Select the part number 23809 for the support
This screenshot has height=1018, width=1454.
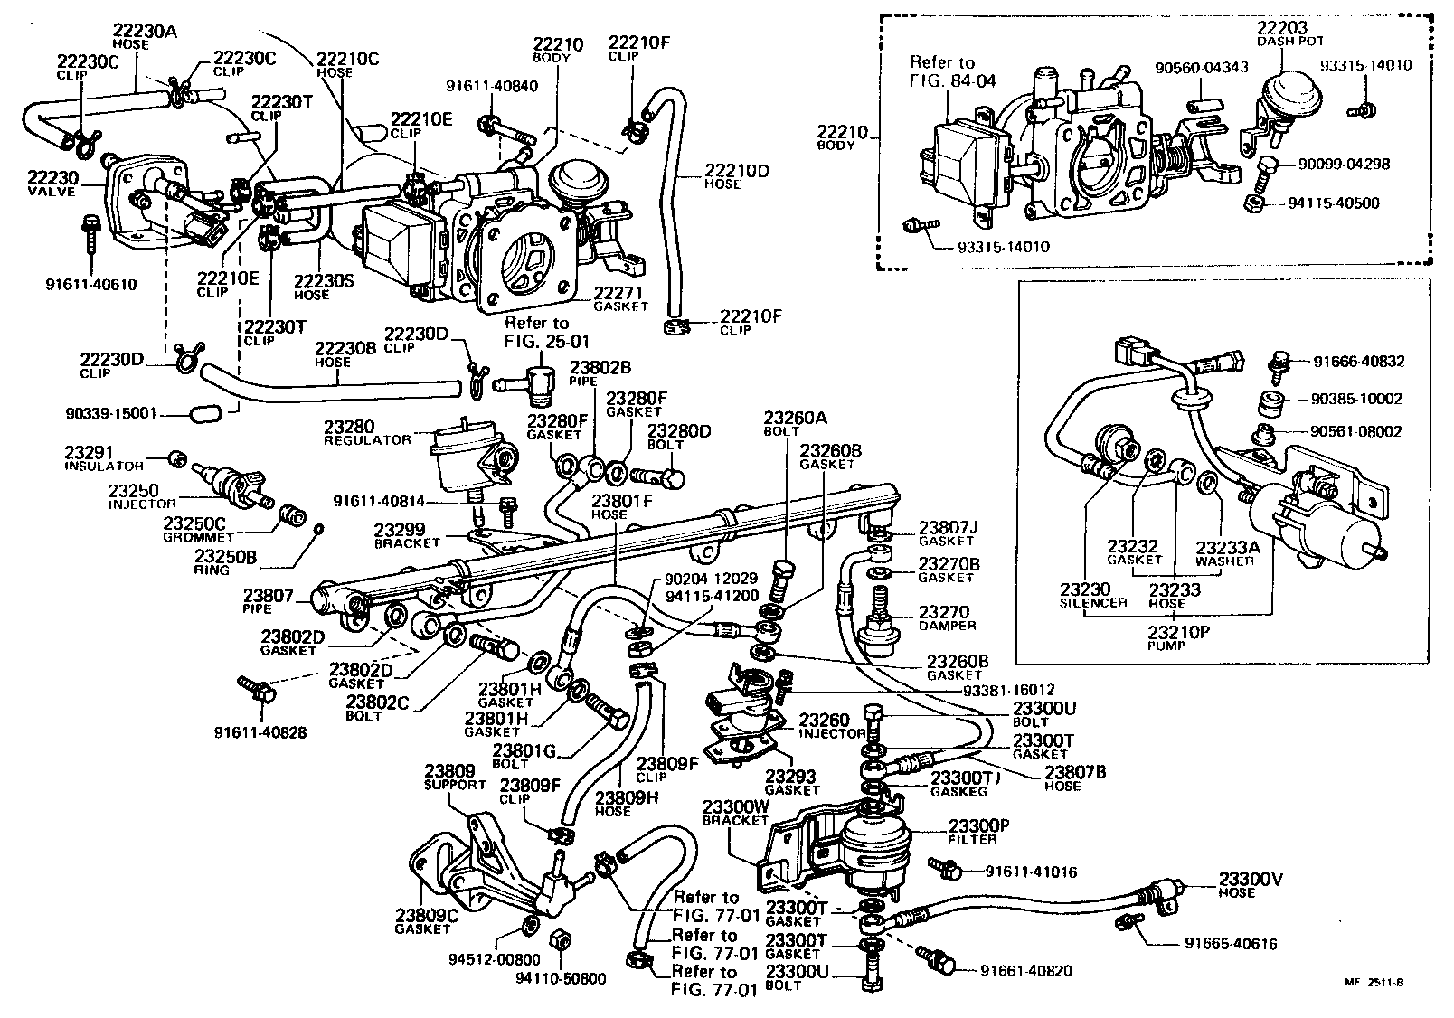[449, 771]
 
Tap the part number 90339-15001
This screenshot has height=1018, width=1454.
[112, 413]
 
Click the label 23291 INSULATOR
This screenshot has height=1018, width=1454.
[103, 457]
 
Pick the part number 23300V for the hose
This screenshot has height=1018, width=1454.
[1249, 878]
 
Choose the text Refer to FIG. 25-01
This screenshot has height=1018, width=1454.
[537, 331]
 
